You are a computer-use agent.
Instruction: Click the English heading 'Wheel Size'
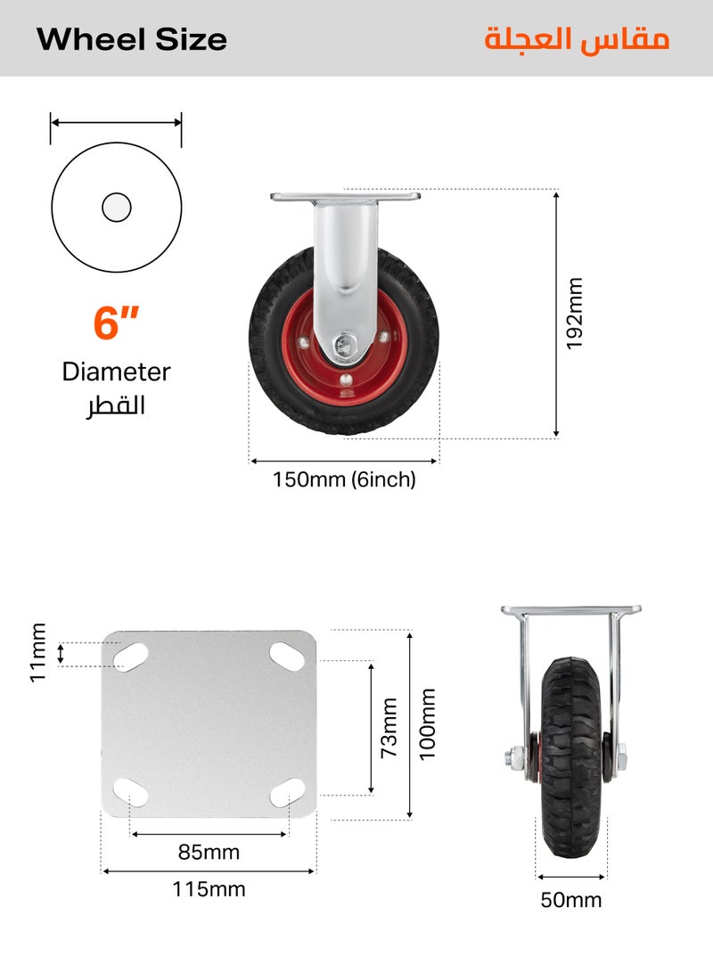(x=132, y=39)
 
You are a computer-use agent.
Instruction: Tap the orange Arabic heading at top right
(x=577, y=40)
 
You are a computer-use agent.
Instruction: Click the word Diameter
(x=116, y=372)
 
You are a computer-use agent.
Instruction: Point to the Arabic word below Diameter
(x=116, y=405)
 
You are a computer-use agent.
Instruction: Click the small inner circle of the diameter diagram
(x=116, y=208)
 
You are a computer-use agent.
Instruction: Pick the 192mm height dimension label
(x=575, y=314)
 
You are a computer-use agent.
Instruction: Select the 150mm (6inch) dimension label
(x=344, y=480)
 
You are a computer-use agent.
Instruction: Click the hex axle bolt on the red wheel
(x=344, y=345)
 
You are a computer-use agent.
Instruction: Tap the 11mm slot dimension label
(x=37, y=653)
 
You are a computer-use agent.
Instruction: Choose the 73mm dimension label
(x=389, y=727)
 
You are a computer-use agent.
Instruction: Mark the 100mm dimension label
(x=428, y=723)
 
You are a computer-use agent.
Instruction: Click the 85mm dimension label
(x=209, y=853)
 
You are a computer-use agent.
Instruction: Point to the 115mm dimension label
(x=209, y=889)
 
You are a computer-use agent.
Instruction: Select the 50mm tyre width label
(x=570, y=900)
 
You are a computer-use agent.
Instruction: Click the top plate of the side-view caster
(x=345, y=196)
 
